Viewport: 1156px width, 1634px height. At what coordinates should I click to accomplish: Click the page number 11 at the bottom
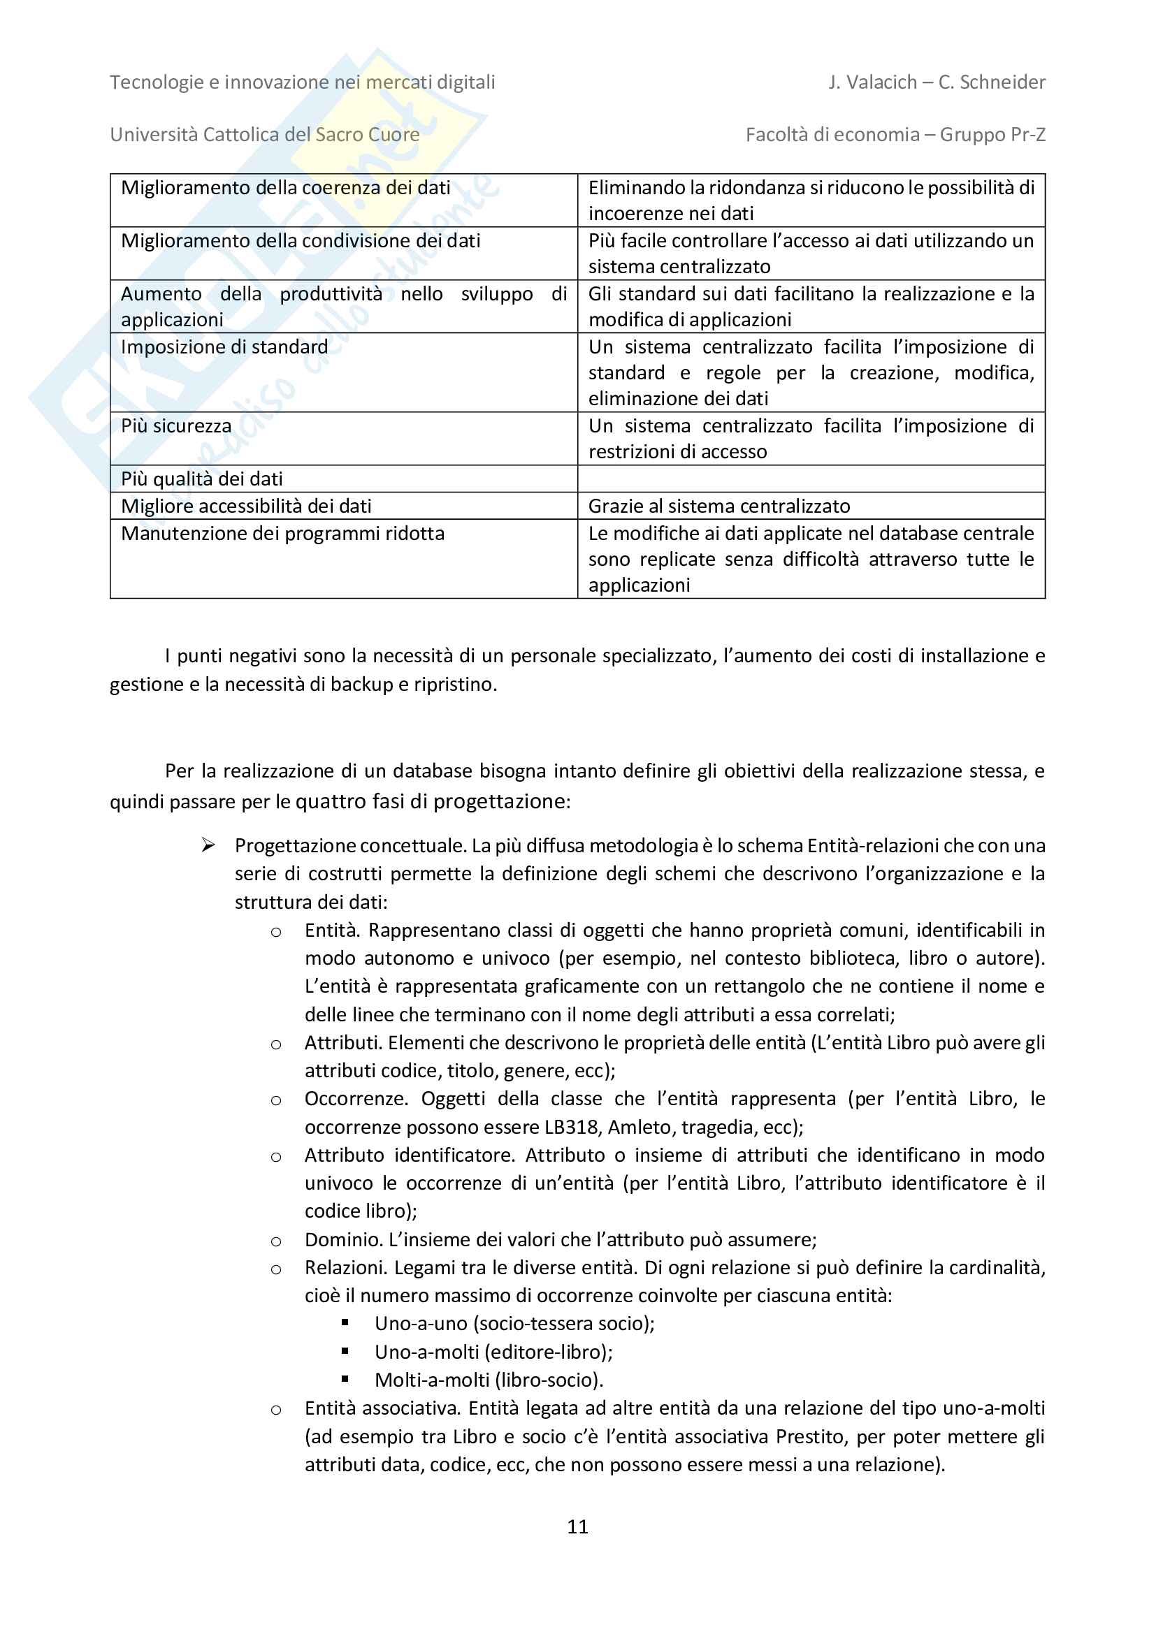pos(577,1526)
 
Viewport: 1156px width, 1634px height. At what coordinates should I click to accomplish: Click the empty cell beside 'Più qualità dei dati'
pos(811,479)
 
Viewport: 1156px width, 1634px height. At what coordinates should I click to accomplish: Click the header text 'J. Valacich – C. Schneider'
pos(937,82)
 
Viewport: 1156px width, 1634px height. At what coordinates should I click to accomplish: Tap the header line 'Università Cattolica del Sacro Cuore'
pos(265,135)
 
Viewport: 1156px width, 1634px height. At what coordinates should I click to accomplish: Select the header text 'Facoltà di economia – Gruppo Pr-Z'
pos(895,135)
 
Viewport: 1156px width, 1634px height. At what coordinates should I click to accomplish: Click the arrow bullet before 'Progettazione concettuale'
pos(208,845)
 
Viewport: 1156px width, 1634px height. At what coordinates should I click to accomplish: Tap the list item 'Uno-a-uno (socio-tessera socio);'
pos(514,1324)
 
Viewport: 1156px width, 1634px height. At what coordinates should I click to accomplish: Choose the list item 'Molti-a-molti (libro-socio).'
pos(489,1380)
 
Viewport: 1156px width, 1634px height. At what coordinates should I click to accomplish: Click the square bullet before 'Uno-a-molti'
pos(345,1350)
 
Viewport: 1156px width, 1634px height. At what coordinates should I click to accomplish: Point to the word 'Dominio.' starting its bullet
pos(344,1240)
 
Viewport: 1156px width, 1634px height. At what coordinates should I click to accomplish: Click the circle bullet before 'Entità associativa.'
pos(276,1409)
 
